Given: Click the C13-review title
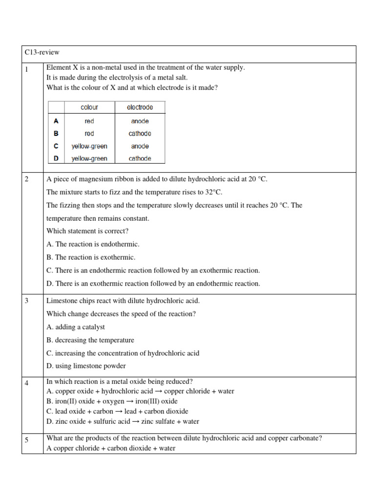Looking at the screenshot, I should [x=42, y=52].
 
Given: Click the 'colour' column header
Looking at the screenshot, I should [x=89, y=107].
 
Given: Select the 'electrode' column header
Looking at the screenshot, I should [x=140, y=107].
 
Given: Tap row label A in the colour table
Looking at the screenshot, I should [x=56, y=121].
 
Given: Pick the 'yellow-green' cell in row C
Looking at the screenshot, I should [x=89, y=146].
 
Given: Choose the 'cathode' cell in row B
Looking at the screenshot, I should [x=140, y=133].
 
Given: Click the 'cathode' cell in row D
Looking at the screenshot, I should [x=140, y=158].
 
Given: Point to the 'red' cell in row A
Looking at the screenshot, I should [x=89, y=121].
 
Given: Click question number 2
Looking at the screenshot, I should [x=27, y=179].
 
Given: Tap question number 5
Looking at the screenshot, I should [x=27, y=440].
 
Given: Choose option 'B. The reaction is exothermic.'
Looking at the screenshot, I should [x=91, y=257].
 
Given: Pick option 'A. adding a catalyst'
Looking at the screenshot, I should [x=76, y=327].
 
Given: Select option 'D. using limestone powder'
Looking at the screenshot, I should [x=86, y=366].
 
